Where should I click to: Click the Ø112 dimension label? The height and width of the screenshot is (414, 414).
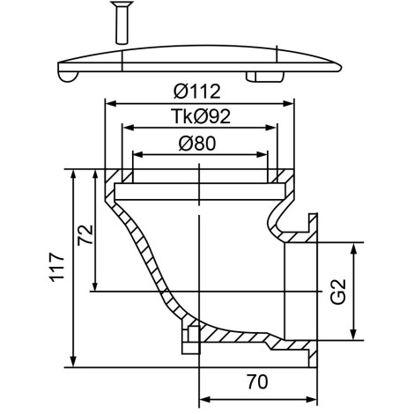(x=196, y=91)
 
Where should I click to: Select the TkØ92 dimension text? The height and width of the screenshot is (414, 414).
(x=201, y=116)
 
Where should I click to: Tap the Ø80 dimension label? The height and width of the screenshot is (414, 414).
(x=197, y=144)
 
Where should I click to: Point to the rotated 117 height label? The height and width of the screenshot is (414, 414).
(x=56, y=267)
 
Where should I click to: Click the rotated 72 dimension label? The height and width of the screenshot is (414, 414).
(x=85, y=235)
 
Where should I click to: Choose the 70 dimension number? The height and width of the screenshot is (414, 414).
(x=257, y=381)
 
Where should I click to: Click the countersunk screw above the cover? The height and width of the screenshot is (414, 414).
(x=122, y=23)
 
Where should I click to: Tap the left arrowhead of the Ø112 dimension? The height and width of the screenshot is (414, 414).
(x=110, y=103)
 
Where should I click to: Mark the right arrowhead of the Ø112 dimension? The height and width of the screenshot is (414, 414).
(x=289, y=103)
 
